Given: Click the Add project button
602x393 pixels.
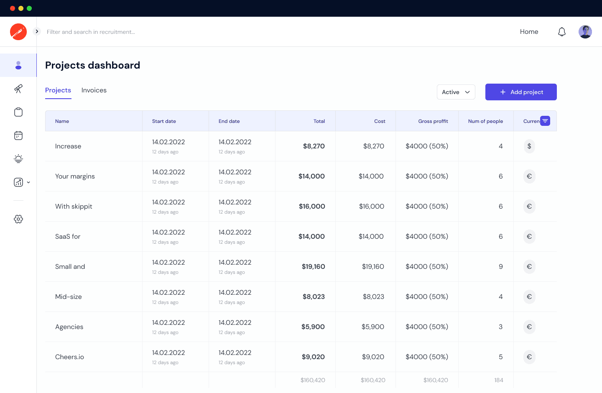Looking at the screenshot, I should tap(521, 92).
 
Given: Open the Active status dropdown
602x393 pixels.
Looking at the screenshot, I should tap(456, 92).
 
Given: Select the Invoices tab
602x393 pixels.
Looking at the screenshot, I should tap(94, 90).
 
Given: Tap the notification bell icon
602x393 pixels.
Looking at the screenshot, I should tap(562, 32).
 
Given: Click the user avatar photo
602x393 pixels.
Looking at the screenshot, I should tap(585, 32).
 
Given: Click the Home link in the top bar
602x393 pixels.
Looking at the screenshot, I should tap(529, 32).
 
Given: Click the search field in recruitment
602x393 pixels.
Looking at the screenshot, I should tap(91, 32).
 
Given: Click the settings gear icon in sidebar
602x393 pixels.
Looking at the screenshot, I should tap(18, 219).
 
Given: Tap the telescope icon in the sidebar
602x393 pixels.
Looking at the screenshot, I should tap(18, 89).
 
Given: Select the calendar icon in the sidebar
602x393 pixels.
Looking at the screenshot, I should tap(18, 135).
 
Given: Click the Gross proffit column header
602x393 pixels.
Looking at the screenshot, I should tap(433, 121).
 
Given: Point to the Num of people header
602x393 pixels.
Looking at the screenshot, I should tap(485, 121).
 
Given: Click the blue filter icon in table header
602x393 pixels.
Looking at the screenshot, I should tap(545, 121).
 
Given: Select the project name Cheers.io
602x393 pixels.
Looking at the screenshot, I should tap(69, 357).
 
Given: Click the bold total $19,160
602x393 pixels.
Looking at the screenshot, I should tap(313, 267).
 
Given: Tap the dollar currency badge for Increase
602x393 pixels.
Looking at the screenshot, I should tap(529, 146).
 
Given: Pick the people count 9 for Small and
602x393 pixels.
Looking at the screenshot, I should tap(500, 267).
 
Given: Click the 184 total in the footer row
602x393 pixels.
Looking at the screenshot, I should tap(498, 380).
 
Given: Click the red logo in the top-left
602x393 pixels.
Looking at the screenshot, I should tap(18, 32).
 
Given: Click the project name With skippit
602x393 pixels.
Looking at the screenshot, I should tap(74, 207).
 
